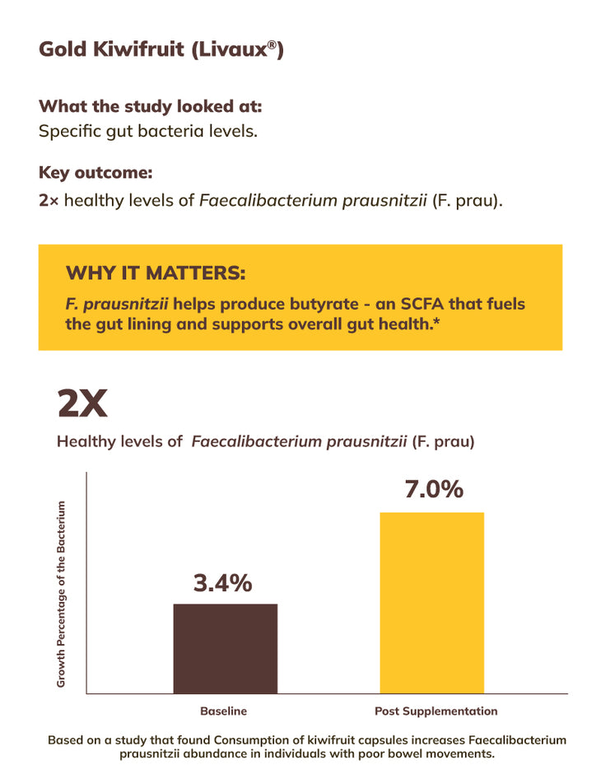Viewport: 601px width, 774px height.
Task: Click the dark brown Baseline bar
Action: coord(225,648)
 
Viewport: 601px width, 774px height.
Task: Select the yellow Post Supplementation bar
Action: coord(431,602)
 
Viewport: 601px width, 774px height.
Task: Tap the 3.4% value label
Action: coord(222,584)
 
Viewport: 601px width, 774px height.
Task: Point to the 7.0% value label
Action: coord(433,489)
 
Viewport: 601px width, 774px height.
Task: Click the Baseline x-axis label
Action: coord(223,711)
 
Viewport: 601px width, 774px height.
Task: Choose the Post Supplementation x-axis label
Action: coord(436,711)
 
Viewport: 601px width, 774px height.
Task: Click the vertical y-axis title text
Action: coord(61,594)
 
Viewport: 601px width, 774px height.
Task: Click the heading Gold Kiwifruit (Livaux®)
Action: coord(161,49)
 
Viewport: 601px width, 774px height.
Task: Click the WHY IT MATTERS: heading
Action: coord(156,273)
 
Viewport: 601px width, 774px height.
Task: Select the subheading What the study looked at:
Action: coord(151,106)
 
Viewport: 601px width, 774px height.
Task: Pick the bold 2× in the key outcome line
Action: coord(49,199)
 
